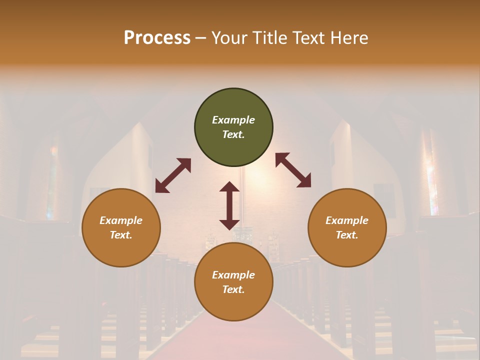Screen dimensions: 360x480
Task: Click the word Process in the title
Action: click(x=157, y=37)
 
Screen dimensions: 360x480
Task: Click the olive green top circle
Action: click(x=233, y=105)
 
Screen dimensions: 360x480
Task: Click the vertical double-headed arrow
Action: click(x=229, y=205)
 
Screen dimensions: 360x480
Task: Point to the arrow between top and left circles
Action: click(x=173, y=175)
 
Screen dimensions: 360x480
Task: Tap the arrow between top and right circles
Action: click(x=293, y=170)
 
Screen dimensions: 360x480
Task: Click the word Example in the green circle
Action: click(x=233, y=120)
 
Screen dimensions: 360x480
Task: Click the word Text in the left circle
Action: click(x=121, y=235)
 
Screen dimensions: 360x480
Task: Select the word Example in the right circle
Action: click(x=347, y=220)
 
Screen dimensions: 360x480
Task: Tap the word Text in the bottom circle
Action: click(x=233, y=289)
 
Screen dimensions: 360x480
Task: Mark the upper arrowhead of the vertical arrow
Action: click(x=229, y=187)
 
